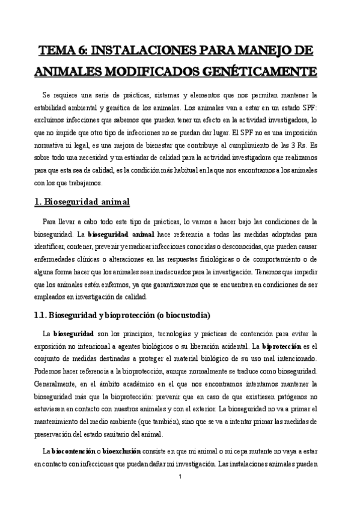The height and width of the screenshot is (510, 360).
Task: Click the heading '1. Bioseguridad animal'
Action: (83, 201)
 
